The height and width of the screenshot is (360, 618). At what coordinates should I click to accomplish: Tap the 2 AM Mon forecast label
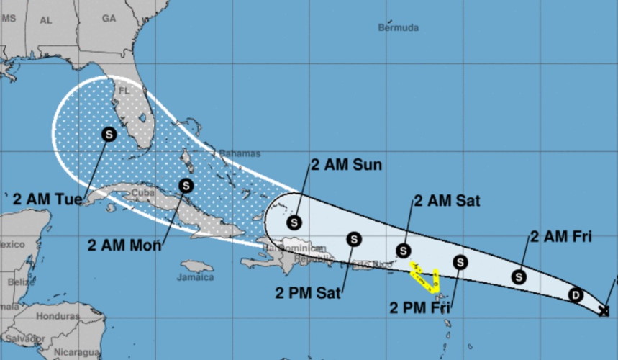tap(124, 245)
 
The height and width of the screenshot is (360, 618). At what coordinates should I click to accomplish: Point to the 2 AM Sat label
tap(447, 201)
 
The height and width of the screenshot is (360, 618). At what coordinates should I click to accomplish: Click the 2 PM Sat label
tap(307, 292)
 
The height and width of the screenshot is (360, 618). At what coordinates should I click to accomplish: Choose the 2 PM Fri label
tap(420, 308)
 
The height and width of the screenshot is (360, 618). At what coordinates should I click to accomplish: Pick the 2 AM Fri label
tap(560, 236)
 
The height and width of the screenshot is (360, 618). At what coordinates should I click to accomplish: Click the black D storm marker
tap(575, 294)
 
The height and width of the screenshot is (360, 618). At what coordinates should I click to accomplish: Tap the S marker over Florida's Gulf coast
tap(109, 134)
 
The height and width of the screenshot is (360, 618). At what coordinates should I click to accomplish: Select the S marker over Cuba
tap(186, 185)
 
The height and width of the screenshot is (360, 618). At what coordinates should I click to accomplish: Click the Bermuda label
tap(398, 28)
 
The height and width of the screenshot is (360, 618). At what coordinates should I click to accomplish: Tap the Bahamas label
tap(240, 154)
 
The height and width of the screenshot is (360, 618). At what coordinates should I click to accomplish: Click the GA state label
tap(109, 18)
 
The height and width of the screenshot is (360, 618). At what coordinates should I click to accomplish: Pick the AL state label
tap(46, 20)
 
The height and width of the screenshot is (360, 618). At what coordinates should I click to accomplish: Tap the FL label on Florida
tap(124, 91)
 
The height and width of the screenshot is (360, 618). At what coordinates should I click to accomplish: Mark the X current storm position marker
tap(604, 310)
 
